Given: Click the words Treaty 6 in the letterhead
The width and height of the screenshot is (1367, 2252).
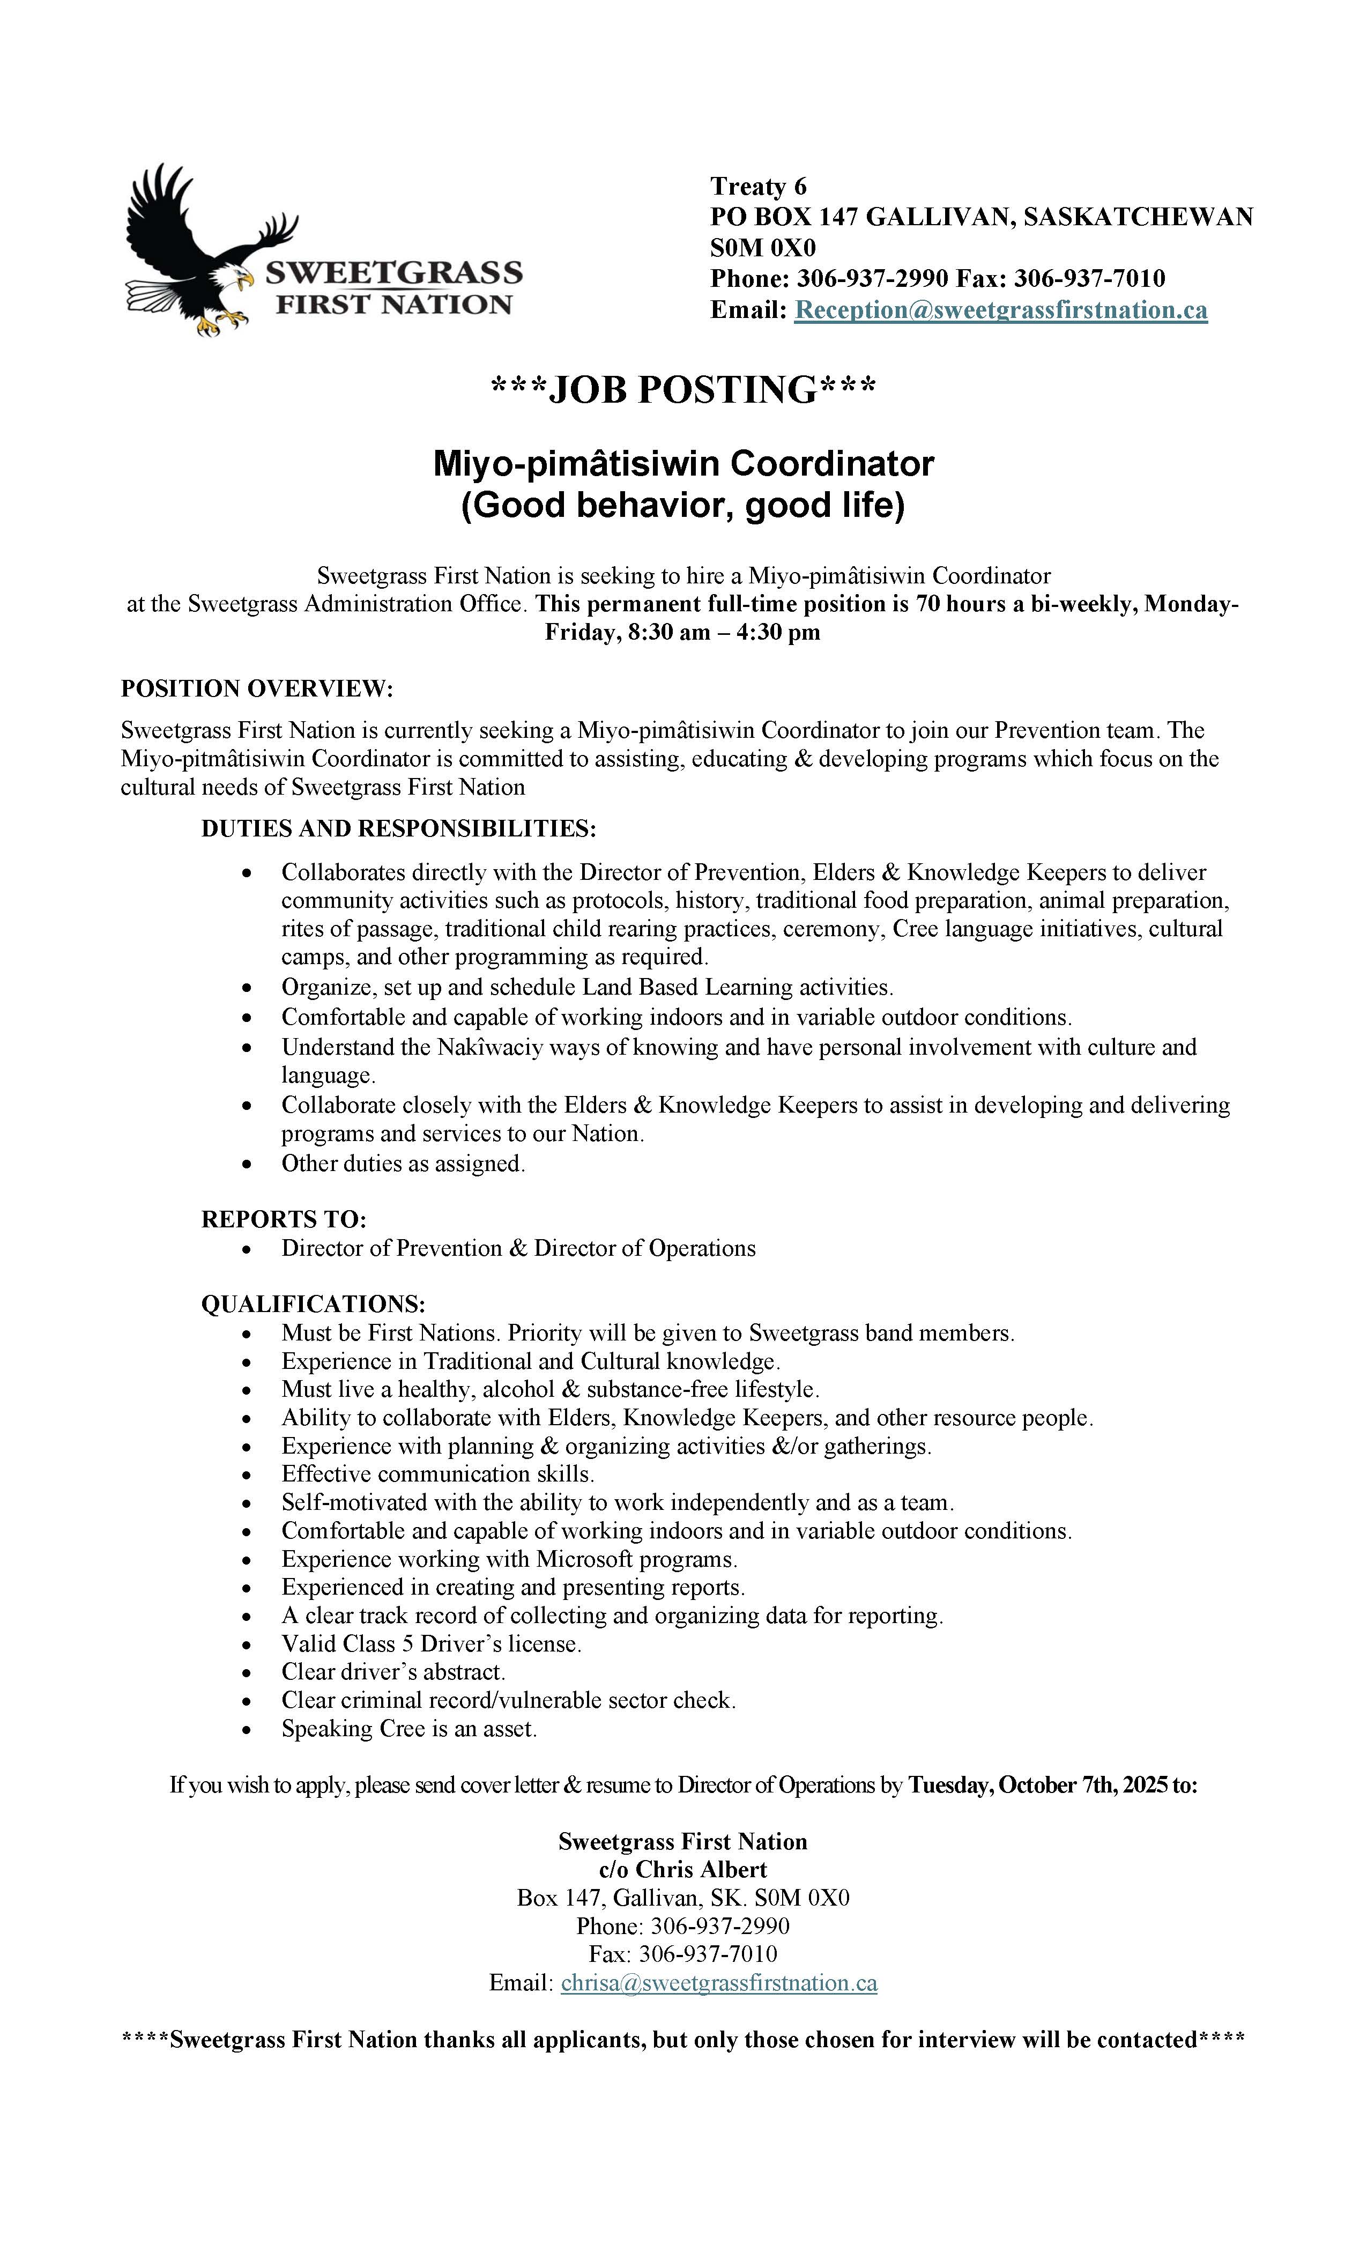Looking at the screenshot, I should point(759,187).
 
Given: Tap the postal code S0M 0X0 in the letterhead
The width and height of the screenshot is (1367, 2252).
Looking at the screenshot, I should point(763,248).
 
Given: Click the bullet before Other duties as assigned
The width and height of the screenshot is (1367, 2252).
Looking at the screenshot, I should point(247,1165).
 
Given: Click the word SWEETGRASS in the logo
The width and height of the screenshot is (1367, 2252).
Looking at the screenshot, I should point(393,272).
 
